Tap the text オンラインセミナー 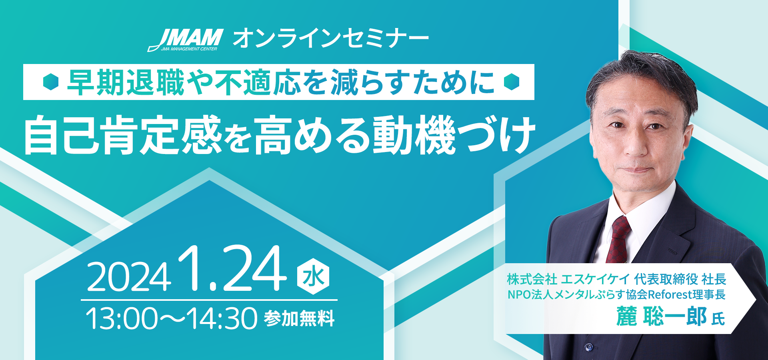click(331, 39)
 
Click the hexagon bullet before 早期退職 click(51, 82)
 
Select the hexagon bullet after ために click(512, 82)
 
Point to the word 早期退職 click(126, 82)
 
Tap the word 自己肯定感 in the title click(123, 135)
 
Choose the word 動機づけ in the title click(454, 135)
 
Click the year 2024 click(129, 277)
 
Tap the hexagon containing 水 click(313, 276)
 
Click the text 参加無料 click(299, 319)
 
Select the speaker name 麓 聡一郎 click(661, 316)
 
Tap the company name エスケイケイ click(595, 279)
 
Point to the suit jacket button click(588, 347)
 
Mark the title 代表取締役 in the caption click(666, 279)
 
